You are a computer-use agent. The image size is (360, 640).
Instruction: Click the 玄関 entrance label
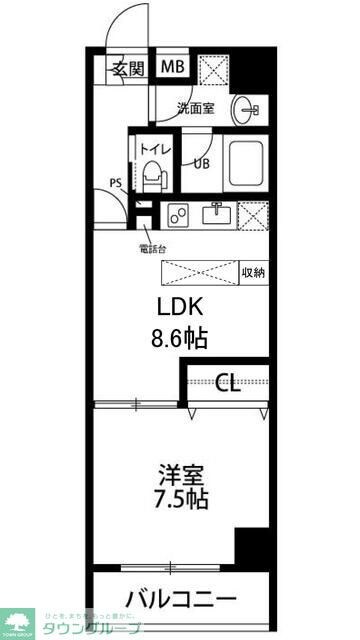(128, 69)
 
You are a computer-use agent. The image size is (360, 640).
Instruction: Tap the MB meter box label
(174, 68)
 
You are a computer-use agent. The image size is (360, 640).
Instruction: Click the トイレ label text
(153, 151)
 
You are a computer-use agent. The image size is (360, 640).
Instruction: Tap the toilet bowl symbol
(152, 178)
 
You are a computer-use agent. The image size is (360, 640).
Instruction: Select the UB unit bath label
(201, 164)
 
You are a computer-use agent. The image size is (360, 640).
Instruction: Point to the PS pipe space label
(117, 183)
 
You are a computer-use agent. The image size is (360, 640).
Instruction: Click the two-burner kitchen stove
(180, 214)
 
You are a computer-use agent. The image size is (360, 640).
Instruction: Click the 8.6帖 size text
(180, 339)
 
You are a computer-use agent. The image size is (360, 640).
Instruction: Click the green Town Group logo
(17, 621)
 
